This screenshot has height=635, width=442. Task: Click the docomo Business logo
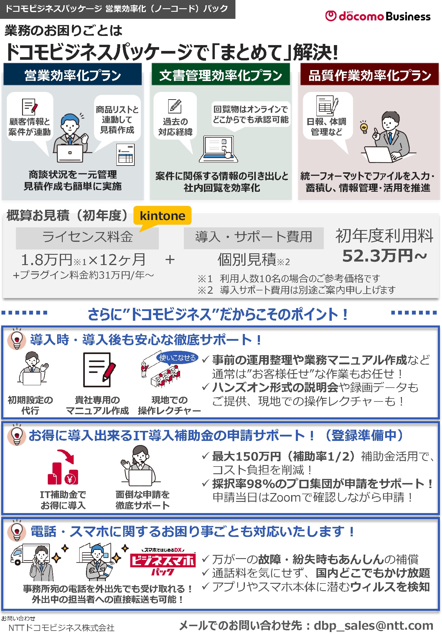(377, 16)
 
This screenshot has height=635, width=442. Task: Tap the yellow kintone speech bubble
(162, 216)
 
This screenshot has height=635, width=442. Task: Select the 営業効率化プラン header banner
(72, 75)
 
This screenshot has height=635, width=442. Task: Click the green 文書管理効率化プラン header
(221, 75)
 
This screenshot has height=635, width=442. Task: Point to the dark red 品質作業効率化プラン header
(370, 75)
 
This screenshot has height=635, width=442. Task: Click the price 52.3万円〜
(384, 256)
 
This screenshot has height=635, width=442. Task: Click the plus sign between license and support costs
(170, 260)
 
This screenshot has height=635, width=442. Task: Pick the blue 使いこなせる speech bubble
(177, 358)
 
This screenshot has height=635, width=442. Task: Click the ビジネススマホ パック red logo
(163, 563)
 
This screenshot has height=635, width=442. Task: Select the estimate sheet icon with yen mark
(125, 155)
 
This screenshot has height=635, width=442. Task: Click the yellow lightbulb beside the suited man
(364, 127)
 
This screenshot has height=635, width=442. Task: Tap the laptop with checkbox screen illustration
(218, 149)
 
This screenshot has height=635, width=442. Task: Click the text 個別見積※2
(253, 260)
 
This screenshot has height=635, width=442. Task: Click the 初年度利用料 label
(384, 236)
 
